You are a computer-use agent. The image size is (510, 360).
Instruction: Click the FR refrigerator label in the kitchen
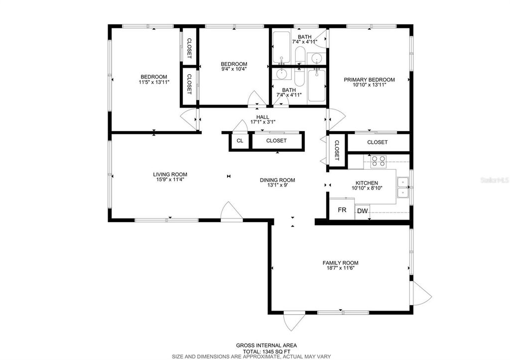click(342, 210)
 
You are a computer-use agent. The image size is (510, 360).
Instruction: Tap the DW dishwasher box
click(363, 211)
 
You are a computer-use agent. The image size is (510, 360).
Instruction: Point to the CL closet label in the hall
click(240, 141)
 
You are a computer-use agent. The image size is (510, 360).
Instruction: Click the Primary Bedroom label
click(369, 80)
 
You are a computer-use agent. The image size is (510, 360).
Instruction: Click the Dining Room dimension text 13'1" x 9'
click(277, 186)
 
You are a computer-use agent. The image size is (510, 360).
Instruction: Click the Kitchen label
click(367, 183)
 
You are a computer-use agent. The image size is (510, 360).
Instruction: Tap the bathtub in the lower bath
click(316, 86)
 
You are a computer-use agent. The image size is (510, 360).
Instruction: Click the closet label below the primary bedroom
click(377, 142)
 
